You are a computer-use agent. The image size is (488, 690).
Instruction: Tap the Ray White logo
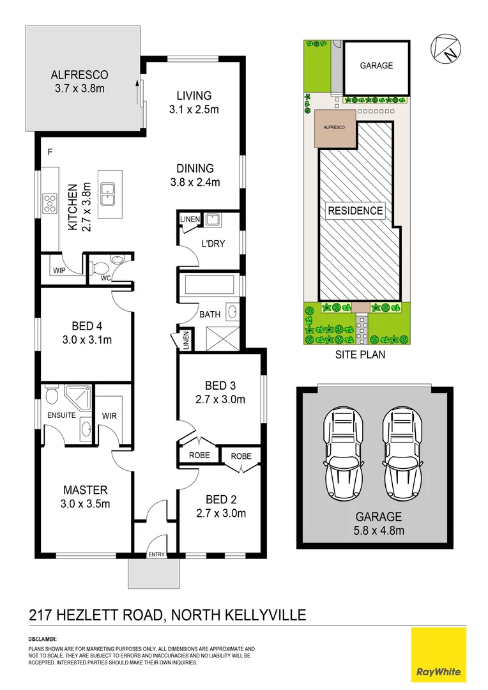pos(441,655)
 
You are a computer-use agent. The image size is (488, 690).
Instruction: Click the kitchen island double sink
pos(108,192)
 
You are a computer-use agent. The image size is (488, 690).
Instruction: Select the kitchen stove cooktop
pos(50,204)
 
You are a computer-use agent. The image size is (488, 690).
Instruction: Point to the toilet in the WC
pos(115,261)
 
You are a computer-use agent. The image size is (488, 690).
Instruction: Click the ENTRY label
pos(156,555)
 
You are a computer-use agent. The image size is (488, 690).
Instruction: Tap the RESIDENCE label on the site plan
pos(355,210)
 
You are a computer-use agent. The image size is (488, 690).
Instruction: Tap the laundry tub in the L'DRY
pos(212,221)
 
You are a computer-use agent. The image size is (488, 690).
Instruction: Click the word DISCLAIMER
pos(43,640)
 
